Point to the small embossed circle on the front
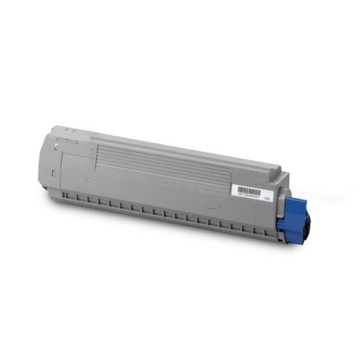[x=89, y=179]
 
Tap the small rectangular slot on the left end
[x=55, y=173]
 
